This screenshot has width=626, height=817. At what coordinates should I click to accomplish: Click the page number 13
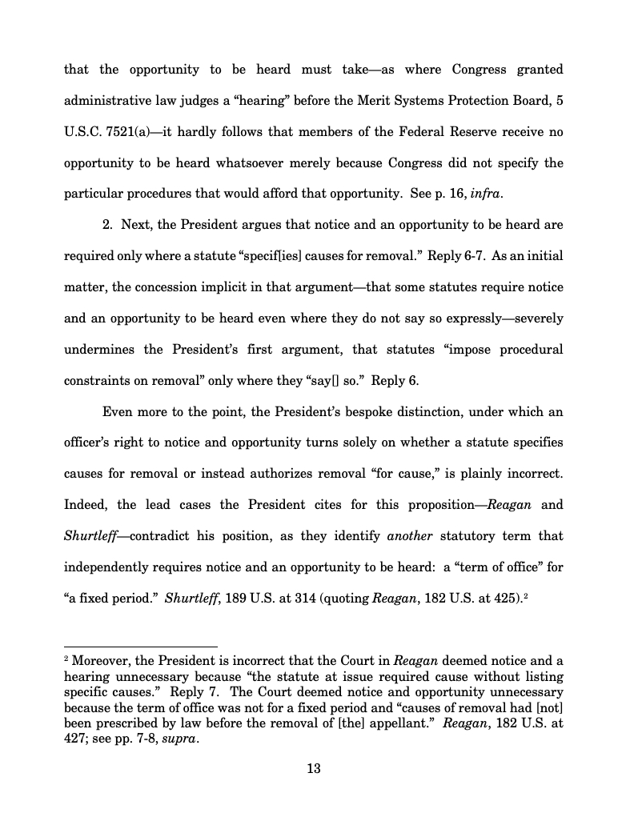click(x=313, y=769)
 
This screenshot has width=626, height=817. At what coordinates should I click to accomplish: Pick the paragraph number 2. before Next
click(x=108, y=225)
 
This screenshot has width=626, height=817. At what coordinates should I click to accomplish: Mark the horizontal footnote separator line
click(x=140, y=647)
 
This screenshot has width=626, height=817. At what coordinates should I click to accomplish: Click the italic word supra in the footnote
click(x=179, y=739)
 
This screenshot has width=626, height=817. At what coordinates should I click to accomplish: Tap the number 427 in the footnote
click(x=77, y=739)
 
